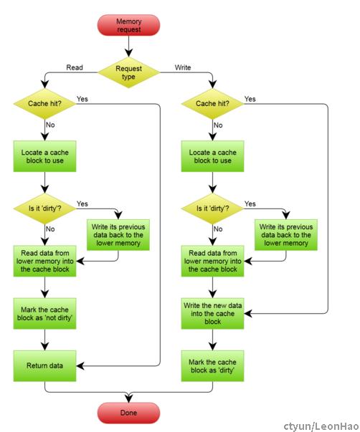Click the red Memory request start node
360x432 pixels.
[x=128, y=25]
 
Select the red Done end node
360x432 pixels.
[x=128, y=413]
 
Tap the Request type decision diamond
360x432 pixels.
[x=128, y=72]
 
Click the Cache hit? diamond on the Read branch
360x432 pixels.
[x=44, y=104]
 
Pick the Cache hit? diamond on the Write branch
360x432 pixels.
[x=212, y=104]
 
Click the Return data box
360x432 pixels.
[x=44, y=366]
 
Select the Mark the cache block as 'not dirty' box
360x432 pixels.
[x=44, y=314]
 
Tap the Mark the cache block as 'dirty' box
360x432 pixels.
[x=212, y=366]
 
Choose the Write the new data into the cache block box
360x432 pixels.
[x=212, y=314]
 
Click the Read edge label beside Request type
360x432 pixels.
[x=75, y=67]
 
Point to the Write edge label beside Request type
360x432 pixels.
[x=183, y=67]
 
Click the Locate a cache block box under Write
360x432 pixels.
[x=212, y=156]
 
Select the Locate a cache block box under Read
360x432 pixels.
[x=44, y=156]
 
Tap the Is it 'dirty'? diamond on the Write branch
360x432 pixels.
[x=212, y=208]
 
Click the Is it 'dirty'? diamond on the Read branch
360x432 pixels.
[x=44, y=208]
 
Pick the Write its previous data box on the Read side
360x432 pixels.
[x=118, y=235]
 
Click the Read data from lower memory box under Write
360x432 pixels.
[x=212, y=261]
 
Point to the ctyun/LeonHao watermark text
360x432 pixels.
[x=321, y=426]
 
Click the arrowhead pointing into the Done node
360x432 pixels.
[x=128, y=399]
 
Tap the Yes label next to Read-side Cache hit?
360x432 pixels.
[x=82, y=99]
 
